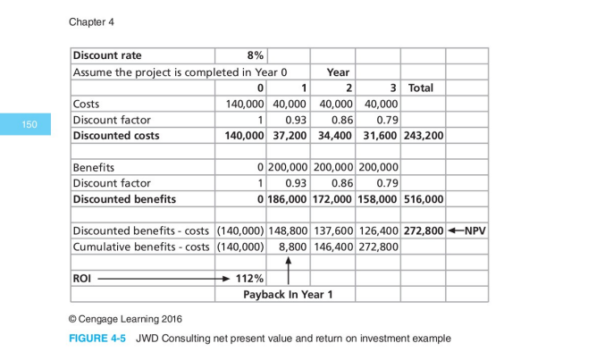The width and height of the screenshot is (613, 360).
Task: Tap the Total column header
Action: pos(421,88)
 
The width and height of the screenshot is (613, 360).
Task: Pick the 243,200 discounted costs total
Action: pos(424,136)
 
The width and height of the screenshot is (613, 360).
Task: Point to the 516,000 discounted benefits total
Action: pos(424,198)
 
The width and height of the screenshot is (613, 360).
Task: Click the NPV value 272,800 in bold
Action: pos(424,230)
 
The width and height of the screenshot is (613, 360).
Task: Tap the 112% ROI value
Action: pos(249,278)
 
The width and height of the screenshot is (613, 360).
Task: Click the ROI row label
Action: pos(82,278)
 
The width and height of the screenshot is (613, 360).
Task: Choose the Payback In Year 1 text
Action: pos(287,294)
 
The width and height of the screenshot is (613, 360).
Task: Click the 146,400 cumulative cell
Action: pos(334,246)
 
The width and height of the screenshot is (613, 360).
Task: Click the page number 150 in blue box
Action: pos(30,125)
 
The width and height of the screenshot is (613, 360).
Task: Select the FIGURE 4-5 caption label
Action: pos(97,339)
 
